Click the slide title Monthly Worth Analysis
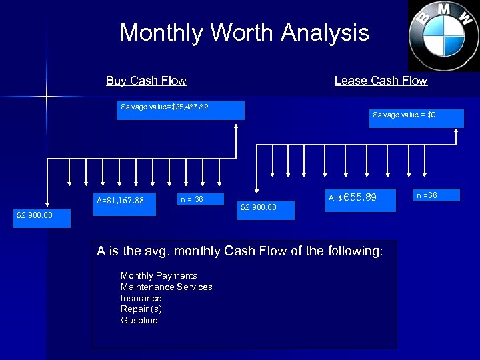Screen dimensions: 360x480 click(244, 33)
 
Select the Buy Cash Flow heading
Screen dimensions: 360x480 click(146, 81)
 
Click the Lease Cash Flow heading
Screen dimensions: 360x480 click(381, 81)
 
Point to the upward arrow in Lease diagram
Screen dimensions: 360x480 click(456, 137)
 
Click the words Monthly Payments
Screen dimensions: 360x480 click(159, 275)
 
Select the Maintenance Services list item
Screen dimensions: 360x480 click(166, 287)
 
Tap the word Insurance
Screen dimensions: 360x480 click(141, 298)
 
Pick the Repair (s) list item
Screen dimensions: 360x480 click(141, 309)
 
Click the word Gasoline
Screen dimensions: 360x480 click(139, 321)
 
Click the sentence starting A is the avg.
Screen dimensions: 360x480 click(239, 251)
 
